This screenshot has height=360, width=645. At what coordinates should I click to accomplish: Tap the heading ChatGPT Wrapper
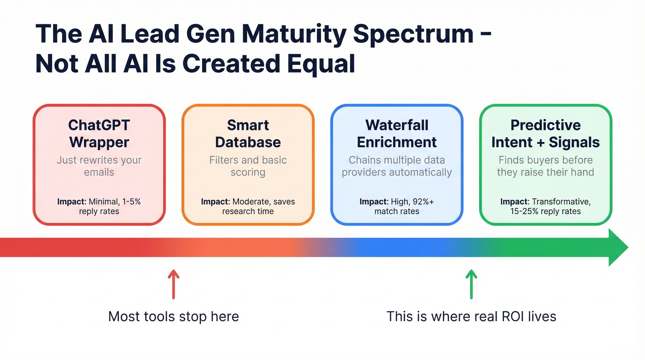[x=99, y=133]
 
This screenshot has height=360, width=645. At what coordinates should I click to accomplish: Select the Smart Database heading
[x=248, y=133]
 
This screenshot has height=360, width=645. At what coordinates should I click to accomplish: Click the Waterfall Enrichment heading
[x=397, y=133]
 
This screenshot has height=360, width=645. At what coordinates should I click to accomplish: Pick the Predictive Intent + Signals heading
[x=545, y=133]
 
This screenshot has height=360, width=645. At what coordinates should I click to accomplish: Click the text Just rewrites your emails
[x=99, y=166]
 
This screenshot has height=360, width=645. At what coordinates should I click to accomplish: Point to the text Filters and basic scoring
[x=248, y=166]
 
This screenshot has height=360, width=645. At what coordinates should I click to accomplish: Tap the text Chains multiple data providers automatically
[x=397, y=166]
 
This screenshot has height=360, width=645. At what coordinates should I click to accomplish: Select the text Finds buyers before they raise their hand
[x=545, y=166]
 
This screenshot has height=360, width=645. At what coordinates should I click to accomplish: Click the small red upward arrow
[x=173, y=285]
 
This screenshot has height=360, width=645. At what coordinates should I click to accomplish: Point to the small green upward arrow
[x=471, y=285]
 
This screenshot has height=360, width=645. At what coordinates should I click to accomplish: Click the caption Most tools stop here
[x=173, y=317]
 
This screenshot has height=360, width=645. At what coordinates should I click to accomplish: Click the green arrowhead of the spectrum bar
[x=617, y=248]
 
